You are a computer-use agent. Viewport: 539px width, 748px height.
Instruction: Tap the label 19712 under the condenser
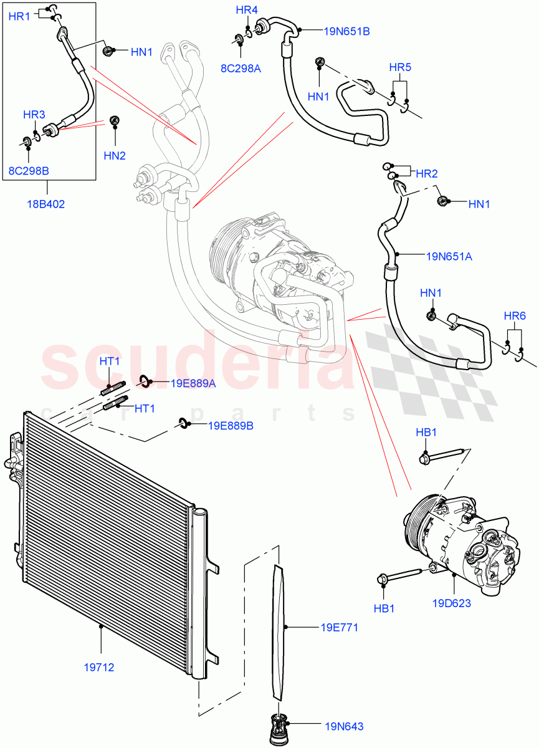[99, 667]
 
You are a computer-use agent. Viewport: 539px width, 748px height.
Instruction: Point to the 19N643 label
[343, 726]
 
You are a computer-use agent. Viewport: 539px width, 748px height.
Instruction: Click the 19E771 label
[340, 628]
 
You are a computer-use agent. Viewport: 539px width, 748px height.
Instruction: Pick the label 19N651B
[346, 31]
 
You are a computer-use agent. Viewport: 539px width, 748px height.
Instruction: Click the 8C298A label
[240, 69]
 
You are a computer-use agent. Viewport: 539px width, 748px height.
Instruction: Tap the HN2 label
[115, 155]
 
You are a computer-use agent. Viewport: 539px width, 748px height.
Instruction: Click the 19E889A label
[194, 383]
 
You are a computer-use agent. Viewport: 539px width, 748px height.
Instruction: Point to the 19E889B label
[231, 426]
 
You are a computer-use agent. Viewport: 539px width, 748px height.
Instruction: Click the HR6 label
[514, 316]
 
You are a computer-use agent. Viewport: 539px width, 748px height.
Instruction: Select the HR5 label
[400, 67]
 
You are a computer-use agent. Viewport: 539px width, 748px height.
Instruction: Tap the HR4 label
[247, 10]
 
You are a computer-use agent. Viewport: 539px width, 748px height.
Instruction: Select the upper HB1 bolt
[442, 457]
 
